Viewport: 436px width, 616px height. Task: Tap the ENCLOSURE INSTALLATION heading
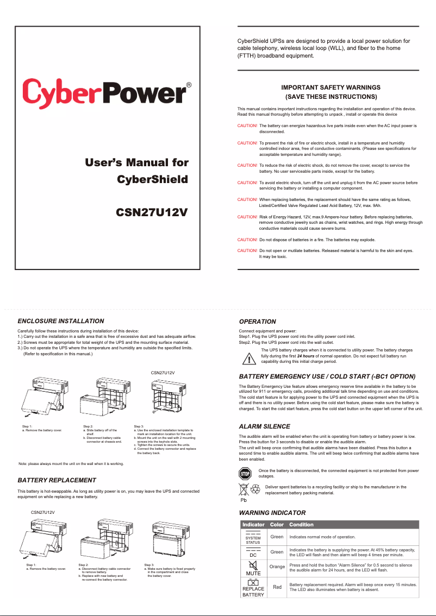coord(61,321)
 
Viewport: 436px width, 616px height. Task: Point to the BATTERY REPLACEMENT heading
coord(57,480)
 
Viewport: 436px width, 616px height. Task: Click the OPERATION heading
coord(258,322)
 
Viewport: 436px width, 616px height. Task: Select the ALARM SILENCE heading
coord(265,426)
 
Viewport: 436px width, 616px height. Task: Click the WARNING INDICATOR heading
coord(272,513)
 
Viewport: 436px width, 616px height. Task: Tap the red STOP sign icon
coord(245,474)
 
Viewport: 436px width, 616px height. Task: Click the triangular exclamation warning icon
coord(249,359)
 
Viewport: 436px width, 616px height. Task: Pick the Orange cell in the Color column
coord(277,567)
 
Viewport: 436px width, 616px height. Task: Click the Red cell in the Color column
coord(277,587)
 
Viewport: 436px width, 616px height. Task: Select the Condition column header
coord(301,525)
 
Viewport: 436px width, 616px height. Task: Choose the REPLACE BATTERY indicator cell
coord(253,588)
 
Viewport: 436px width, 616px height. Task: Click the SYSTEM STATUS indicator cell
coord(253,537)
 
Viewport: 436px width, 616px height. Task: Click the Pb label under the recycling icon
coord(244,500)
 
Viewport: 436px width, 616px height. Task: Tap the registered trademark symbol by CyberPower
coord(189,85)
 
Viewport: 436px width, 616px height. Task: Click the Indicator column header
coord(253,525)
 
